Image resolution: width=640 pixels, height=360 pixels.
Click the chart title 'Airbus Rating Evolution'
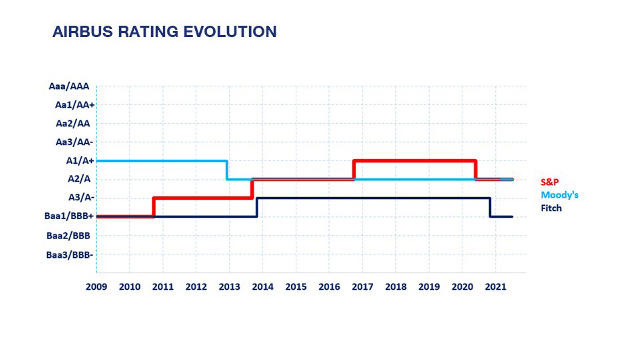pos(164,32)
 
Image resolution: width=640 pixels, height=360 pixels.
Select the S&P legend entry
pos(550,182)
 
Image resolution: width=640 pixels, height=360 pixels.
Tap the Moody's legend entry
pos(560,195)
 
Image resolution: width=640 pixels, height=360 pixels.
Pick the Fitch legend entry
pos(551,208)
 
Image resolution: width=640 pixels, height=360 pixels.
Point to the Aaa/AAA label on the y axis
pos(69,86)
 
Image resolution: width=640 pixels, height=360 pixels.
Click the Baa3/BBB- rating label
pos(70,255)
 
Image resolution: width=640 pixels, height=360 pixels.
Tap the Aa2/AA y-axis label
pos(73,123)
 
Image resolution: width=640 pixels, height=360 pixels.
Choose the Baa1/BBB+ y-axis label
pos(70,216)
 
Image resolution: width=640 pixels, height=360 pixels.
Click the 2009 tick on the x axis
pos(97,287)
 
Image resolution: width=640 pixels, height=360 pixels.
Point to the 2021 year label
pos(495,287)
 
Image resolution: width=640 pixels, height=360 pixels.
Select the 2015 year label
pos(296,287)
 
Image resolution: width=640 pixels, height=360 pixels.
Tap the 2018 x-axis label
pos(395,287)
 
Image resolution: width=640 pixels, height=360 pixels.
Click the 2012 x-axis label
pos(196,287)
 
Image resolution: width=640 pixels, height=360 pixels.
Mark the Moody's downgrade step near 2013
pos(227,170)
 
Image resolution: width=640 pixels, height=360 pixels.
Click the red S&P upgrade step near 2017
pos(354,170)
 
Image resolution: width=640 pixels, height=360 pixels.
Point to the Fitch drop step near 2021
pos(490,207)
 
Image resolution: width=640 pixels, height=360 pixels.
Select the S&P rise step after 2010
pos(154,207)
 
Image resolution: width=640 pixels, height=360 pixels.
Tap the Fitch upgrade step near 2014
pos(257,207)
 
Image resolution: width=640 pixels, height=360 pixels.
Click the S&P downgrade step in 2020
pos(475,170)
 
